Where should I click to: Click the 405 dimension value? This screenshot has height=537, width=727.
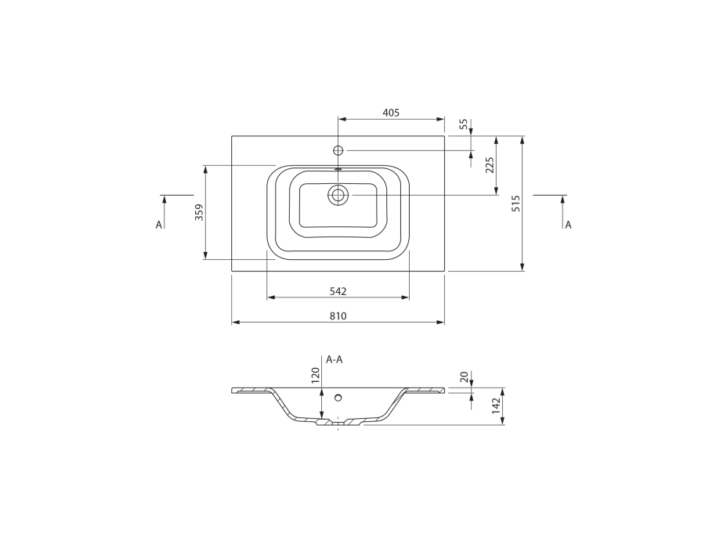click(391, 113)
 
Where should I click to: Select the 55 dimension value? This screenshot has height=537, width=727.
click(464, 124)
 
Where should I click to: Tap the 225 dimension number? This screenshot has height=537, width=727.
click(490, 165)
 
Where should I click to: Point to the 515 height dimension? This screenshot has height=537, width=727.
click(516, 204)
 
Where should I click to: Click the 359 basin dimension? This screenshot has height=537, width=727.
click(199, 212)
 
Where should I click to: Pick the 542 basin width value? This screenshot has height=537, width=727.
click(338, 291)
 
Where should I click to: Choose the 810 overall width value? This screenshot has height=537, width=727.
click(338, 316)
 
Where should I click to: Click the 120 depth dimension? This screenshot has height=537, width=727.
click(315, 375)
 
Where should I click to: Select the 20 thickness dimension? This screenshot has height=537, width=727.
click(464, 377)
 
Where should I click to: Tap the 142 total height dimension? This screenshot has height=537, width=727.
click(497, 405)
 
